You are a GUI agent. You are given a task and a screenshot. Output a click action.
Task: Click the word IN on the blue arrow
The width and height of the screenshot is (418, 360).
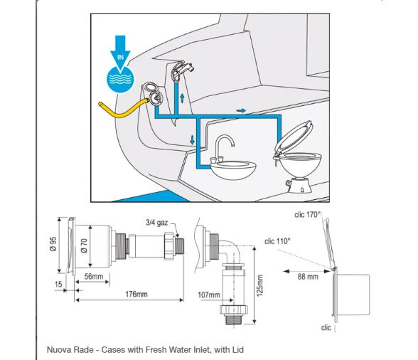click(120, 57)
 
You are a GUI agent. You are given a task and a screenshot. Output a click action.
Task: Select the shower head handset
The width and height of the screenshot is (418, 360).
click(182, 69)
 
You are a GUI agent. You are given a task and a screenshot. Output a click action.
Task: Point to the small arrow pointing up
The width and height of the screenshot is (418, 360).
click(182, 98)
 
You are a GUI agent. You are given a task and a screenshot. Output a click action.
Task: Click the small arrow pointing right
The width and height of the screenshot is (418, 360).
click(241, 110)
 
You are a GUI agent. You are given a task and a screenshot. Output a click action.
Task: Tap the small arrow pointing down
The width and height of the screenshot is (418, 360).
click(192, 140)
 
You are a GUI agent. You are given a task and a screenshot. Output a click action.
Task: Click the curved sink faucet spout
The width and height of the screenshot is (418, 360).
click(225, 142)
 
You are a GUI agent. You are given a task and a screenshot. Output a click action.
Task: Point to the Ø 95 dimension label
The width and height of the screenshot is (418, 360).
click(53, 244)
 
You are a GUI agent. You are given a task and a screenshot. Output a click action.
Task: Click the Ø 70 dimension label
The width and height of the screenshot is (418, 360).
click(84, 245)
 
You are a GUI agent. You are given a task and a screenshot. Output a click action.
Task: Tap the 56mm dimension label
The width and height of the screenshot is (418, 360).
click(94, 277)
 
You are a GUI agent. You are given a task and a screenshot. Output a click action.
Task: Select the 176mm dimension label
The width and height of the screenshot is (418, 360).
click(136, 294)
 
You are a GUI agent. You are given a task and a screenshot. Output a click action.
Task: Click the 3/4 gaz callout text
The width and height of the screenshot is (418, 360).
click(156, 223)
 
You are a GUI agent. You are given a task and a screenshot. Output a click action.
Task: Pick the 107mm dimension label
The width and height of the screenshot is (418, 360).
click(209, 295)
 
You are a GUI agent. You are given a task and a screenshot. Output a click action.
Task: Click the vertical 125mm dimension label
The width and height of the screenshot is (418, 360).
click(260, 285)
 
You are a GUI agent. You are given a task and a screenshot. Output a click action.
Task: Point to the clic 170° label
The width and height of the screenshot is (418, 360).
click(308, 214)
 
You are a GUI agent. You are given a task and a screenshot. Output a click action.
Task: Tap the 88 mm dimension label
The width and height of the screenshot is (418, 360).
click(308, 277)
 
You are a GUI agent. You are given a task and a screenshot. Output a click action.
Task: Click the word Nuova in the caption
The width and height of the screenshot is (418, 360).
click(58, 349)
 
